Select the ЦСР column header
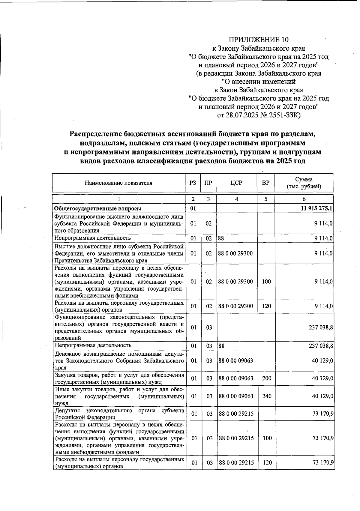click(236, 183)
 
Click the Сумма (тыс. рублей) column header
click(304, 183)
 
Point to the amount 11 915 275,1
click(316, 208)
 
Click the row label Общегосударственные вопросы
click(97, 208)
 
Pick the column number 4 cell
click(236, 199)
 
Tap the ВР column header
click(265, 183)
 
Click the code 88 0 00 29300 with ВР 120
click(236, 306)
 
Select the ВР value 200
click(266, 378)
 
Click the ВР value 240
click(266, 396)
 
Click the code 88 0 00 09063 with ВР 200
click(236, 378)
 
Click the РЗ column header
click(193, 183)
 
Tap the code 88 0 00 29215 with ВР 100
click(236, 438)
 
